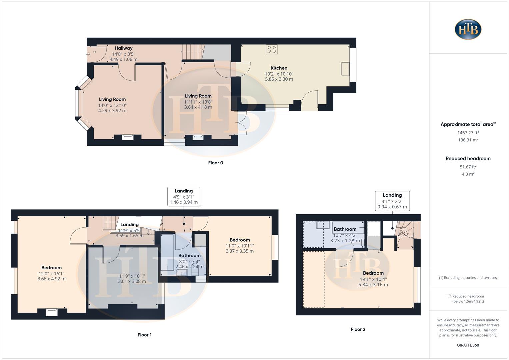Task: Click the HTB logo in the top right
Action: click(x=468, y=29)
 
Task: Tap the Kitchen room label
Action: click(x=279, y=68)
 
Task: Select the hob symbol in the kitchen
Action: click(x=272, y=49)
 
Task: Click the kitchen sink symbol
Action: click(x=345, y=69)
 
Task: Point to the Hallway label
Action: click(x=123, y=48)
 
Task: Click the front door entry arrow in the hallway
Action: click(x=88, y=54)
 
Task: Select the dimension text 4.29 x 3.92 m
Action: click(x=112, y=111)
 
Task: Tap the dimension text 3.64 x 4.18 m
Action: click(x=198, y=107)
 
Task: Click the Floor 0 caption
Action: click(x=215, y=163)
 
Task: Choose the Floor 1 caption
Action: click(x=144, y=335)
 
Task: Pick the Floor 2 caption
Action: click(x=358, y=329)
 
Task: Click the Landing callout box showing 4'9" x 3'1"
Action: click(x=184, y=197)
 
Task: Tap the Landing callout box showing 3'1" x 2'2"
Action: click(x=392, y=201)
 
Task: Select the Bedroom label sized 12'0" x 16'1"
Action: click(x=51, y=268)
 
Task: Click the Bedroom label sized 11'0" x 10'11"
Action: click(x=240, y=240)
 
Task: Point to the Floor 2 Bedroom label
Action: click(x=373, y=273)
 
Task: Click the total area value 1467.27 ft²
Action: click(x=468, y=133)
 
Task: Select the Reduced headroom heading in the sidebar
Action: click(x=468, y=159)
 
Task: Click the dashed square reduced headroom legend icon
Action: click(x=449, y=296)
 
